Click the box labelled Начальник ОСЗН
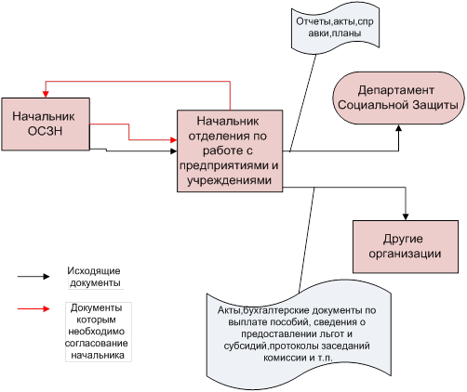pos(46,124)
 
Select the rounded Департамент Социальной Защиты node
pos(398,98)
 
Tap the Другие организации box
pos(406,247)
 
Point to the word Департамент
pos(395,90)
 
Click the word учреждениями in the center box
pos(230,180)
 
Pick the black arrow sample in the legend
pos(33,277)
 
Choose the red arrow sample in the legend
pos(33,308)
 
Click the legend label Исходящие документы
pos(94,277)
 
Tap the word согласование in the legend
pos(97,344)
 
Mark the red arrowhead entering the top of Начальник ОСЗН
pos(46,94)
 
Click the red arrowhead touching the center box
pos(173,140)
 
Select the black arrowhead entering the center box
pos(173,151)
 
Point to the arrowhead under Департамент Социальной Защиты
pos(398,128)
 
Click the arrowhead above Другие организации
pos(406,216)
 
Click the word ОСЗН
pos(46,131)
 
